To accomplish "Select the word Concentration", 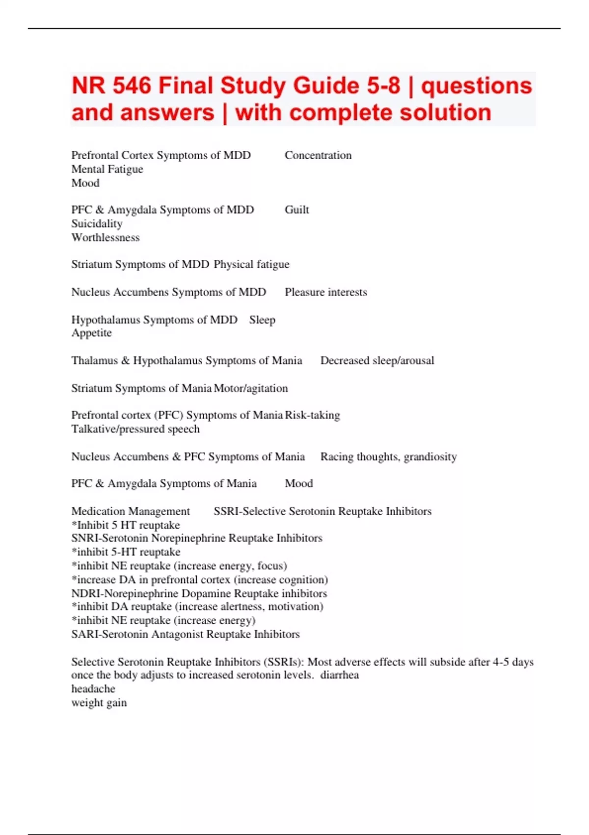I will (x=318, y=155).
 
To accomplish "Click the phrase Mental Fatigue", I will (x=107, y=169).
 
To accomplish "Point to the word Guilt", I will (x=296, y=210).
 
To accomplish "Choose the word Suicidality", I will (x=97, y=223).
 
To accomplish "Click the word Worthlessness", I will (x=105, y=237).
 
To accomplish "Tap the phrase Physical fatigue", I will (x=251, y=264).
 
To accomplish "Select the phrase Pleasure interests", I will (x=326, y=292).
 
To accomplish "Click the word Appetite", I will (x=91, y=333).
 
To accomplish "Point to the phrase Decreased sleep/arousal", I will (x=377, y=361).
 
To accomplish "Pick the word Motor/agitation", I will (x=251, y=389).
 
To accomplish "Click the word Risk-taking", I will (x=313, y=415).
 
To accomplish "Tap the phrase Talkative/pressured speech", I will (x=135, y=429).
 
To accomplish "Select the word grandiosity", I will (x=430, y=457).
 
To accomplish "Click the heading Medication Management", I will (x=131, y=511).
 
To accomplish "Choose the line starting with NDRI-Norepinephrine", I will (x=199, y=593).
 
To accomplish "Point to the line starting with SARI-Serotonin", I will (x=185, y=634).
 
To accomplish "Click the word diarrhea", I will (x=340, y=675).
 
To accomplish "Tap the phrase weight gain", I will (x=99, y=702).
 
